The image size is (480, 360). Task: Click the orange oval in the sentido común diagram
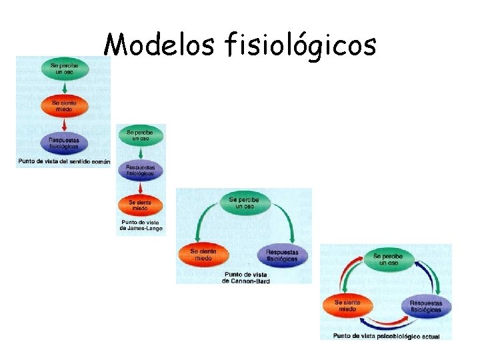(x=64, y=105)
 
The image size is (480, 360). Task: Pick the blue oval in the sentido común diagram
(x=63, y=143)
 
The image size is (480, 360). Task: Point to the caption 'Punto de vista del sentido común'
(x=64, y=161)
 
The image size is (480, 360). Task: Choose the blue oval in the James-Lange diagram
(x=140, y=170)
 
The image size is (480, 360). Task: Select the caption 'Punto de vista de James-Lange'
(x=140, y=225)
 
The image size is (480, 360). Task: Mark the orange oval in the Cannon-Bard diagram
(x=203, y=254)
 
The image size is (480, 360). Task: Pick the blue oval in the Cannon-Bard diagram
(x=287, y=255)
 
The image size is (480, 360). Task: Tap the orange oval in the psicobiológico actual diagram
(x=347, y=306)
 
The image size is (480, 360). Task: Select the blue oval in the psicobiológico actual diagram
(x=425, y=306)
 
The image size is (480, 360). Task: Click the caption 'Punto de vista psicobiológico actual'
(x=387, y=336)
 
